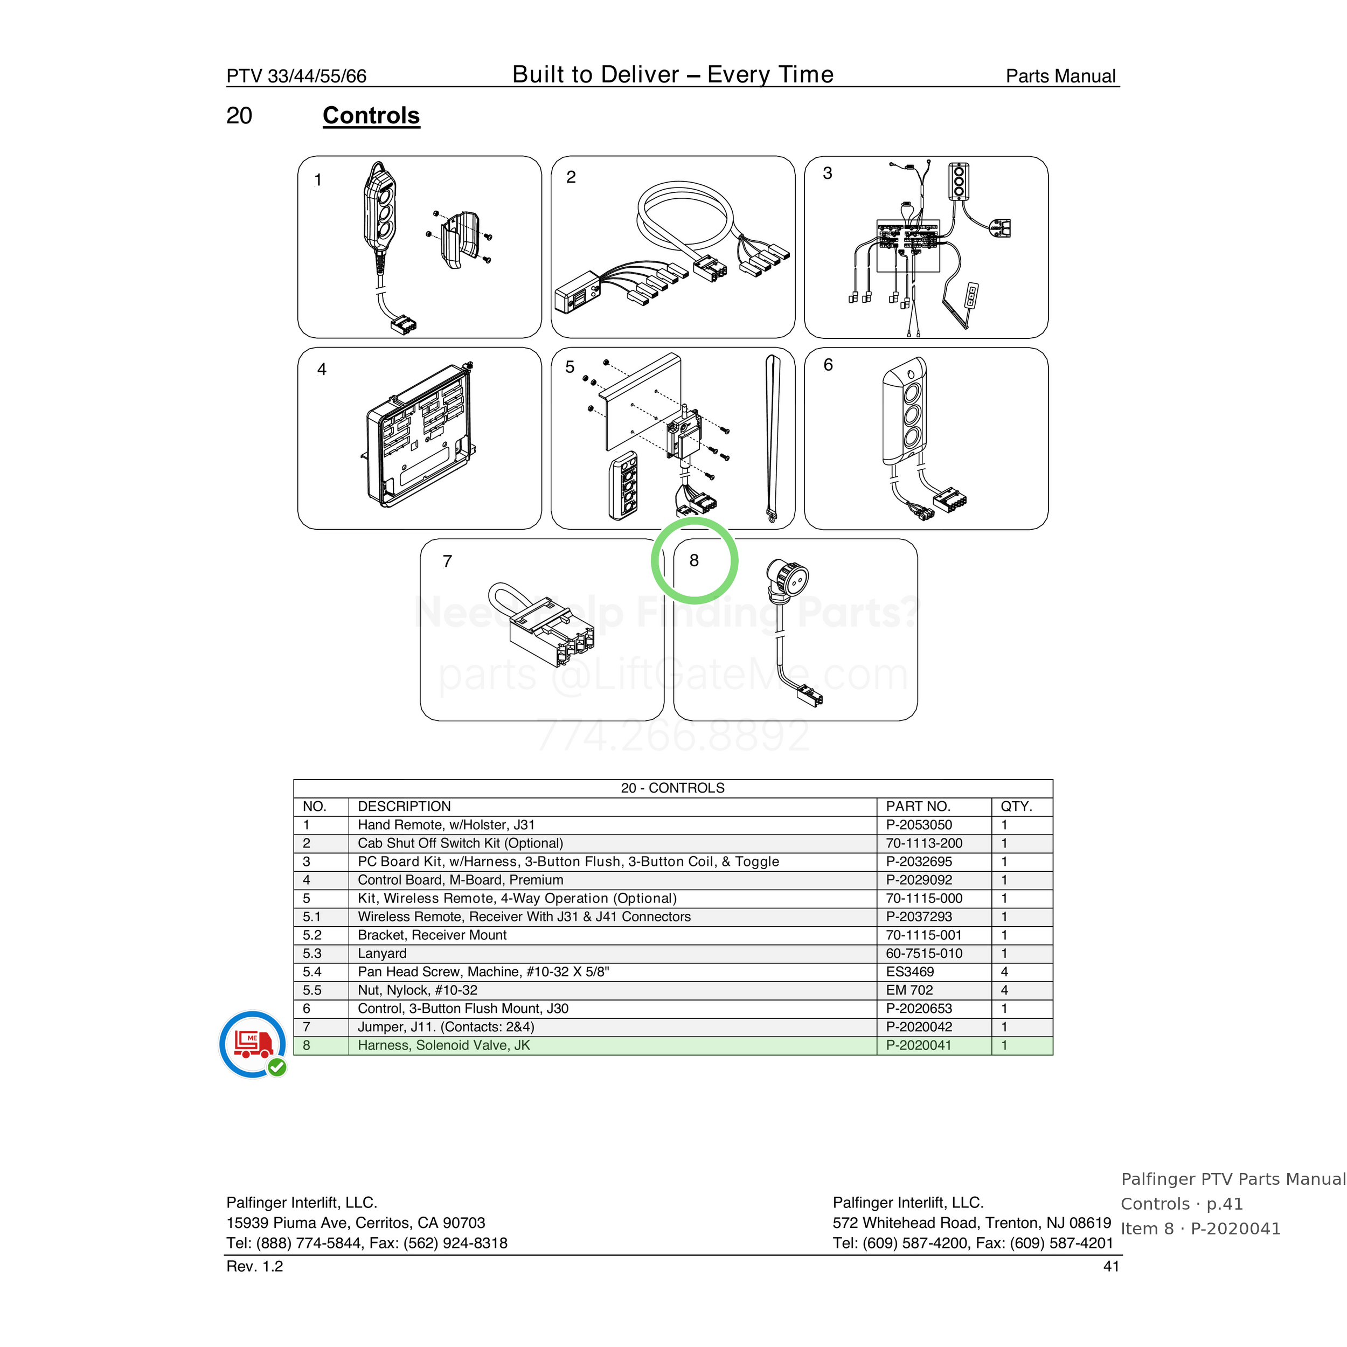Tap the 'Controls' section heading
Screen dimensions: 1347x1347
click(371, 116)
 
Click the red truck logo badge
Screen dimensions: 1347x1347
click(252, 1044)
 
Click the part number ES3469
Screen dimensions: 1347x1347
click(910, 972)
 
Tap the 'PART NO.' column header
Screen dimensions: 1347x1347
click(918, 807)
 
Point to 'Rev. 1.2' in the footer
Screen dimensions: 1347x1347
click(254, 1266)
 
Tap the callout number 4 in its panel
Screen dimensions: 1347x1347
click(322, 370)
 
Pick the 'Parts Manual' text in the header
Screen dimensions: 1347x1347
click(1060, 76)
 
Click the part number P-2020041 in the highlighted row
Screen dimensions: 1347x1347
click(918, 1045)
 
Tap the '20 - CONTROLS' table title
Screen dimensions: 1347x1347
click(673, 788)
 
